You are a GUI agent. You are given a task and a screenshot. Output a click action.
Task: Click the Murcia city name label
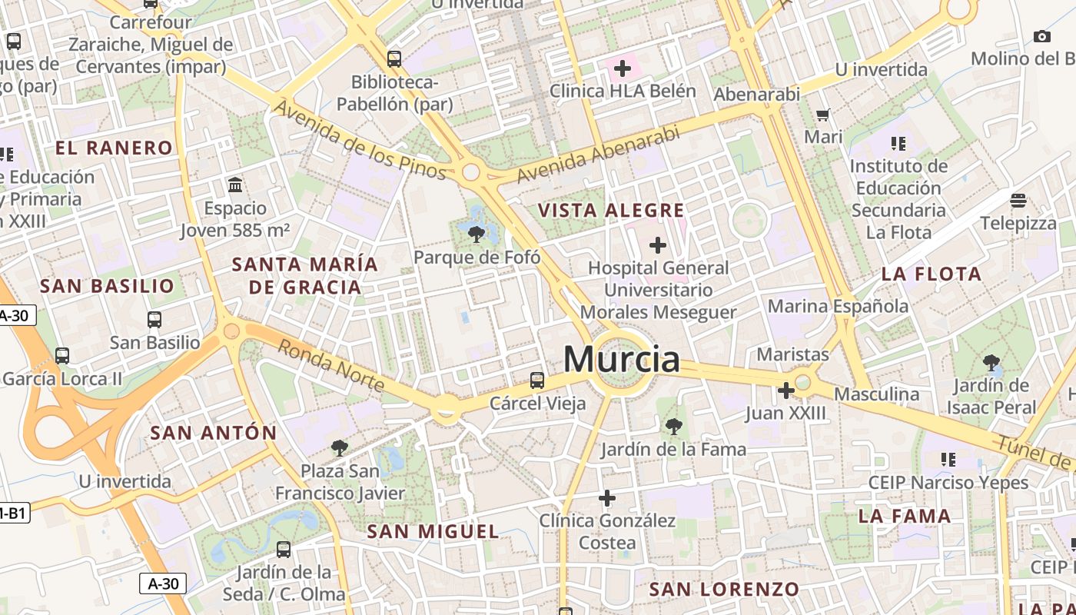pos(622,359)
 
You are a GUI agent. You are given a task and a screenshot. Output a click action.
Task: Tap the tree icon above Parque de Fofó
pos(477,234)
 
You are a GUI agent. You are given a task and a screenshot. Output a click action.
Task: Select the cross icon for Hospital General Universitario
pos(657,245)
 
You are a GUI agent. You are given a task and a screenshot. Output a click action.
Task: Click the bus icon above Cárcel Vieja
pos(537,380)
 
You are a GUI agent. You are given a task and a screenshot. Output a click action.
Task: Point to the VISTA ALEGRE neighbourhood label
pos(611,211)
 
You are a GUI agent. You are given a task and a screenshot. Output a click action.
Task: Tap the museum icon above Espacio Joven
pos(235,185)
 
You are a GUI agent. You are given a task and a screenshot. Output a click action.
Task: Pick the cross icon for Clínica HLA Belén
pos(623,68)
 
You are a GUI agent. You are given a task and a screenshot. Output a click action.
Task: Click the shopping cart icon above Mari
pos(823,115)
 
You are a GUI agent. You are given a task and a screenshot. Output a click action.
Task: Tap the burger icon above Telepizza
pos(1018,201)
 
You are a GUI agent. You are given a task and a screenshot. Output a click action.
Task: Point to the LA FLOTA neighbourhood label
pos(932,274)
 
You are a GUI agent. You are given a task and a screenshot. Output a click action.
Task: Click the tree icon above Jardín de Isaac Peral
pos(991,362)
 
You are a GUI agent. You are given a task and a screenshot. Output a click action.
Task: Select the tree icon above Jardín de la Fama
pos(673,426)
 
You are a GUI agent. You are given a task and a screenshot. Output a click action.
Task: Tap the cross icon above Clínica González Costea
pos(607,498)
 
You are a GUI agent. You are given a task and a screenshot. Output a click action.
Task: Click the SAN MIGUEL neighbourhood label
pos(433,531)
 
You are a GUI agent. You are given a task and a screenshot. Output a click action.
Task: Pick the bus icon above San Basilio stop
pos(154,320)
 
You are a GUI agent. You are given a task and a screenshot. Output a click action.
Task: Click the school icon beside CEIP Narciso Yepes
pos(948,460)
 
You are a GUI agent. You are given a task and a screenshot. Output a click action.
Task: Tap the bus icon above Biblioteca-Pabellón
pos(394,58)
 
